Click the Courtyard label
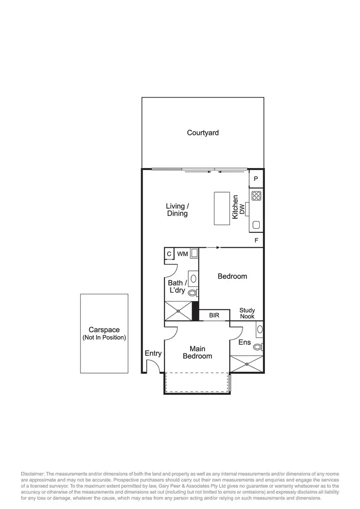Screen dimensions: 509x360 click(x=203, y=133)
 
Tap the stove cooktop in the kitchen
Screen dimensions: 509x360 click(x=256, y=195)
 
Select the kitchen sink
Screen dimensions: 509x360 click(x=256, y=224)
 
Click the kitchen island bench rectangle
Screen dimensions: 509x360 click(x=222, y=208)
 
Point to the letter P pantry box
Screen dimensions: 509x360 click(x=256, y=179)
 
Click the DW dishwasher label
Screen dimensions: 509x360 click(x=242, y=209)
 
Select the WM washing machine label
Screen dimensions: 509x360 click(x=182, y=254)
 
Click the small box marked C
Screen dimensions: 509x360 click(x=169, y=254)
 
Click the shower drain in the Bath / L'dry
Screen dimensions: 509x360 click(x=178, y=311)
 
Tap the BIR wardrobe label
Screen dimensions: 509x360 click(x=214, y=316)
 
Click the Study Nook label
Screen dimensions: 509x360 click(x=247, y=313)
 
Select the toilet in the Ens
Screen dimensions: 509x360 click(x=258, y=346)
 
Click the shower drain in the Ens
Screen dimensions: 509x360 click(x=247, y=364)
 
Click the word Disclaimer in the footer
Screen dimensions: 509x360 click(x=32, y=474)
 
